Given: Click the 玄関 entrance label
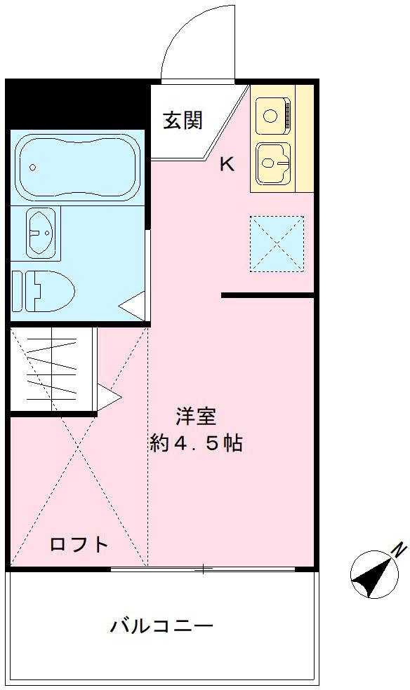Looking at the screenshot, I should point(183,121).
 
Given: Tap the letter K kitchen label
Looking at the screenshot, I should point(227,165).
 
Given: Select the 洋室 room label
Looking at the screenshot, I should point(195,417).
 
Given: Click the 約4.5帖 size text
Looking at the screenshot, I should point(196,443).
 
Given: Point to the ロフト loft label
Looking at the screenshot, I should point(79,544).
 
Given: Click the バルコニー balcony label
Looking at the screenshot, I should point(161,625).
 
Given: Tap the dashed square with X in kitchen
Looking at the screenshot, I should point(277,243).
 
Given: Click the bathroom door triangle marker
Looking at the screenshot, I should point(133,306).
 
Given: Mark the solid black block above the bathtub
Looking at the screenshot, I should point(77,103).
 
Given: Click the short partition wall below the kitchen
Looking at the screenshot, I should point(267,295).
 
